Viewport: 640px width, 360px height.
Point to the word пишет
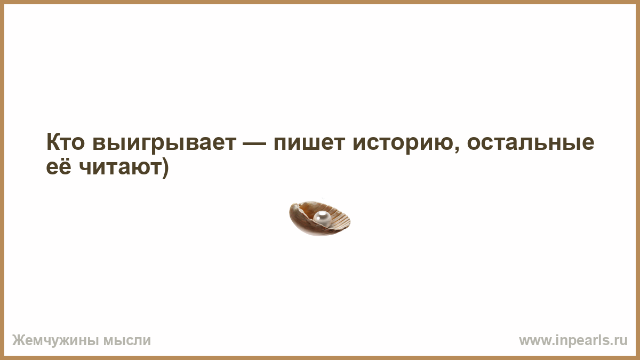tap(309, 143)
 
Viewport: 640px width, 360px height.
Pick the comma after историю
tap(457, 149)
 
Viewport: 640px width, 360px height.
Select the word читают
tap(119, 167)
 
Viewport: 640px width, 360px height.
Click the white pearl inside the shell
tap(322, 219)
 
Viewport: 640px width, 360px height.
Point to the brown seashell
tap(319, 218)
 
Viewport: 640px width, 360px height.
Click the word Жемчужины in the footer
tap(55, 341)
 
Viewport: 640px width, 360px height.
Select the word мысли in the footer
tap(127, 341)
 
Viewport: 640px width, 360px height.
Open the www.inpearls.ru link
tap(573, 341)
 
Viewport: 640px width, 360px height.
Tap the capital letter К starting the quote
tap(53, 142)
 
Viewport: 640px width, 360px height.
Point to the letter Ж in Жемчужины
tap(19, 341)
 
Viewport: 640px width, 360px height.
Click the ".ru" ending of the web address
tap(620, 341)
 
